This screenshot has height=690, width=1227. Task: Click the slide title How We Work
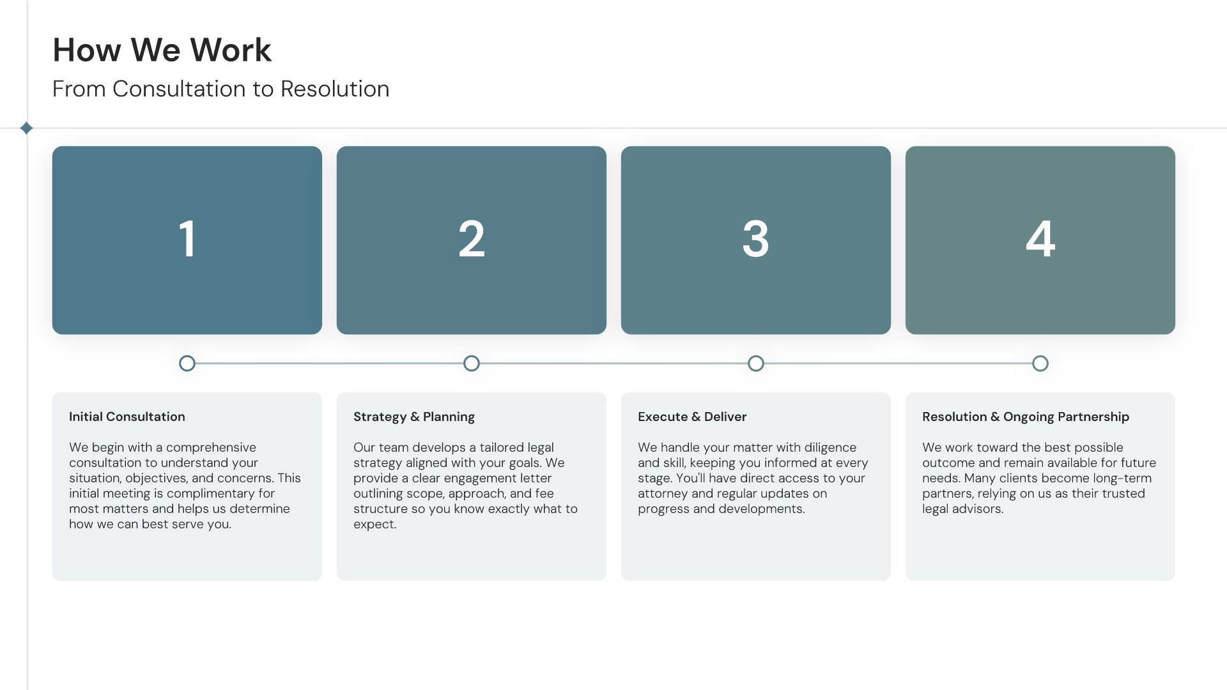pyautogui.click(x=162, y=50)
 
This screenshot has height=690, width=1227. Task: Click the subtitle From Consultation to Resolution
pyautogui.click(x=220, y=89)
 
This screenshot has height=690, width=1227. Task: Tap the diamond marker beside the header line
pyautogui.click(x=26, y=128)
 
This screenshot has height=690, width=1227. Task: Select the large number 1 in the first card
pyautogui.click(x=187, y=239)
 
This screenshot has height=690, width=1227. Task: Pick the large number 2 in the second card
pyautogui.click(x=472, y=239)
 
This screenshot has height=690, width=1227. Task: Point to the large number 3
pyautogui.click(x=755, y=239)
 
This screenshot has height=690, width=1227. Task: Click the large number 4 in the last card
pyautogui.click(x=1040, y=239)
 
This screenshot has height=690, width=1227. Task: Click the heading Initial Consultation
pyautogui.click(x=127, y=417)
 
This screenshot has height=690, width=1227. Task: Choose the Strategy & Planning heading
pyautogui.click(x=414, y=417)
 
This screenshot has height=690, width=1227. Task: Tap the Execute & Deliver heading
pyautogui.click(x=692, y=417)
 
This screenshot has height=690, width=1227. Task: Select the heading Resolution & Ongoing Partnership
pyautogui.click(x=1026, y=417)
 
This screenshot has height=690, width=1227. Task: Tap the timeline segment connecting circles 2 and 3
pyautogui.click(x=613, y=364)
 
